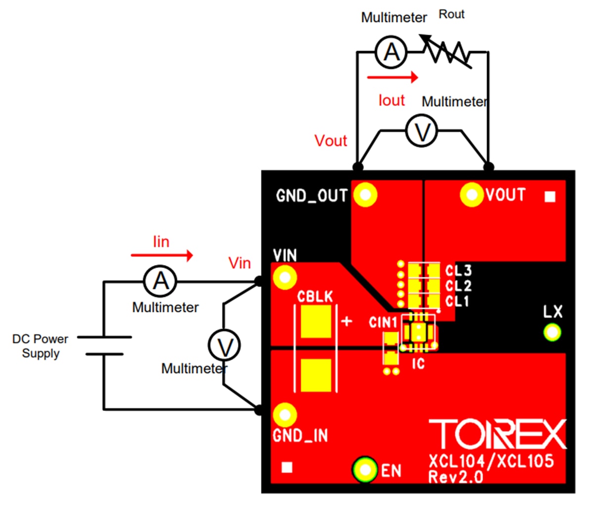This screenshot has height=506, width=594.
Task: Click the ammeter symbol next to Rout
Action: click(x=392, y=52)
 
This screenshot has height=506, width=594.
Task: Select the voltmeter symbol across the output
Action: click(x=422, y=132)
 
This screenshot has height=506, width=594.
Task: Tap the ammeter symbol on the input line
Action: click(x=160, y=282)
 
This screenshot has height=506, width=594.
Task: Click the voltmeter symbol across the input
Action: click(x=225, y=346)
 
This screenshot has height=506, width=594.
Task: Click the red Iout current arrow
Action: click(x=393, y=77)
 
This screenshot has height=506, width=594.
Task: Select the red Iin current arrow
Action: click(x=161, y=255)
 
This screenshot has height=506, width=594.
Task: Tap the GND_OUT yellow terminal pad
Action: click(x=366, y=195)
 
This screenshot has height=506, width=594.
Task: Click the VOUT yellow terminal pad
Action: click(x=471, y=195)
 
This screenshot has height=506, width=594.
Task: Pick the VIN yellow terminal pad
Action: click(x=285, y=277)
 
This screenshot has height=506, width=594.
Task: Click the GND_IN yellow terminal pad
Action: click(x=285, y=415)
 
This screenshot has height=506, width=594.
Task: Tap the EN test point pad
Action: click(x=365, y=469)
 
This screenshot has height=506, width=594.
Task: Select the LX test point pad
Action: click(x=552, y=331)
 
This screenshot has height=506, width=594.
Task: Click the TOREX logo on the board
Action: click(x=497, y=435)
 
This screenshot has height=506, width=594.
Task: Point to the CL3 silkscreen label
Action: click(x=458, y=271)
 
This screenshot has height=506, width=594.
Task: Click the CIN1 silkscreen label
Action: click(x=383, y=323)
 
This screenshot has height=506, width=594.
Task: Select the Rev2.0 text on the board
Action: click(x=455, y=477)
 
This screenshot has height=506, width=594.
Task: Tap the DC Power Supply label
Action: click(x=40, y=346)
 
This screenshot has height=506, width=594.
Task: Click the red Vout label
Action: click(x=331, y=141)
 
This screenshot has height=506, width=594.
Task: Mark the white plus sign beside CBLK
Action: click(x=347, y=321)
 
